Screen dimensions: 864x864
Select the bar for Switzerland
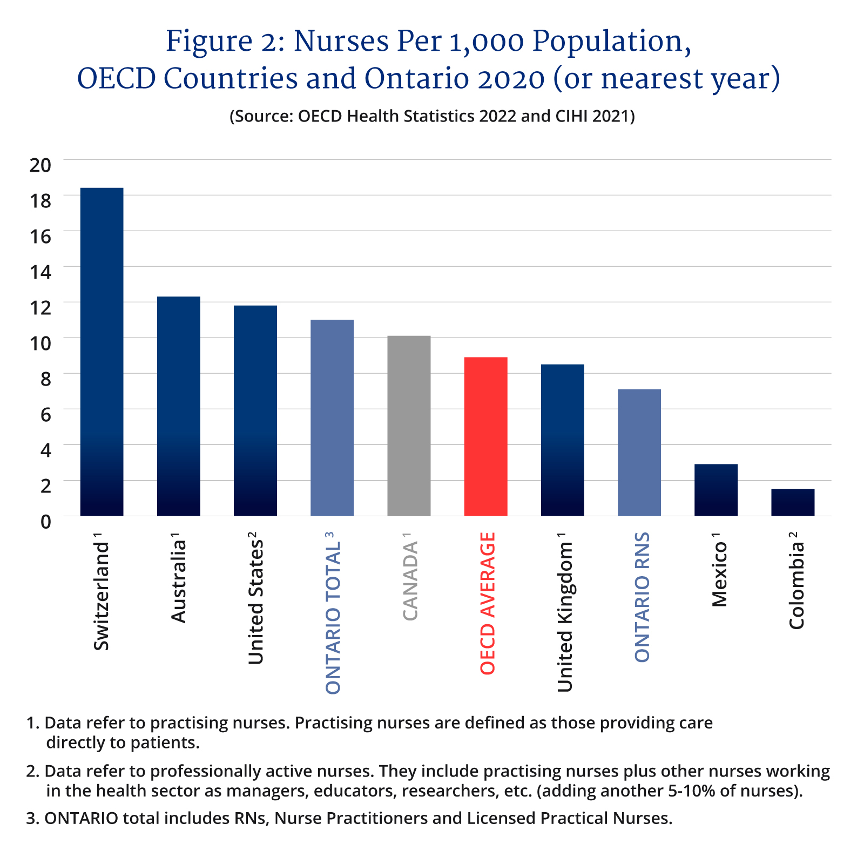102,352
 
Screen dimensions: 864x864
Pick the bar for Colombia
792,502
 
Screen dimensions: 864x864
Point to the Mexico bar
715,490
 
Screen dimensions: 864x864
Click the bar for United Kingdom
562,440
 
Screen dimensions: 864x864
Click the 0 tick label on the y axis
45,522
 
